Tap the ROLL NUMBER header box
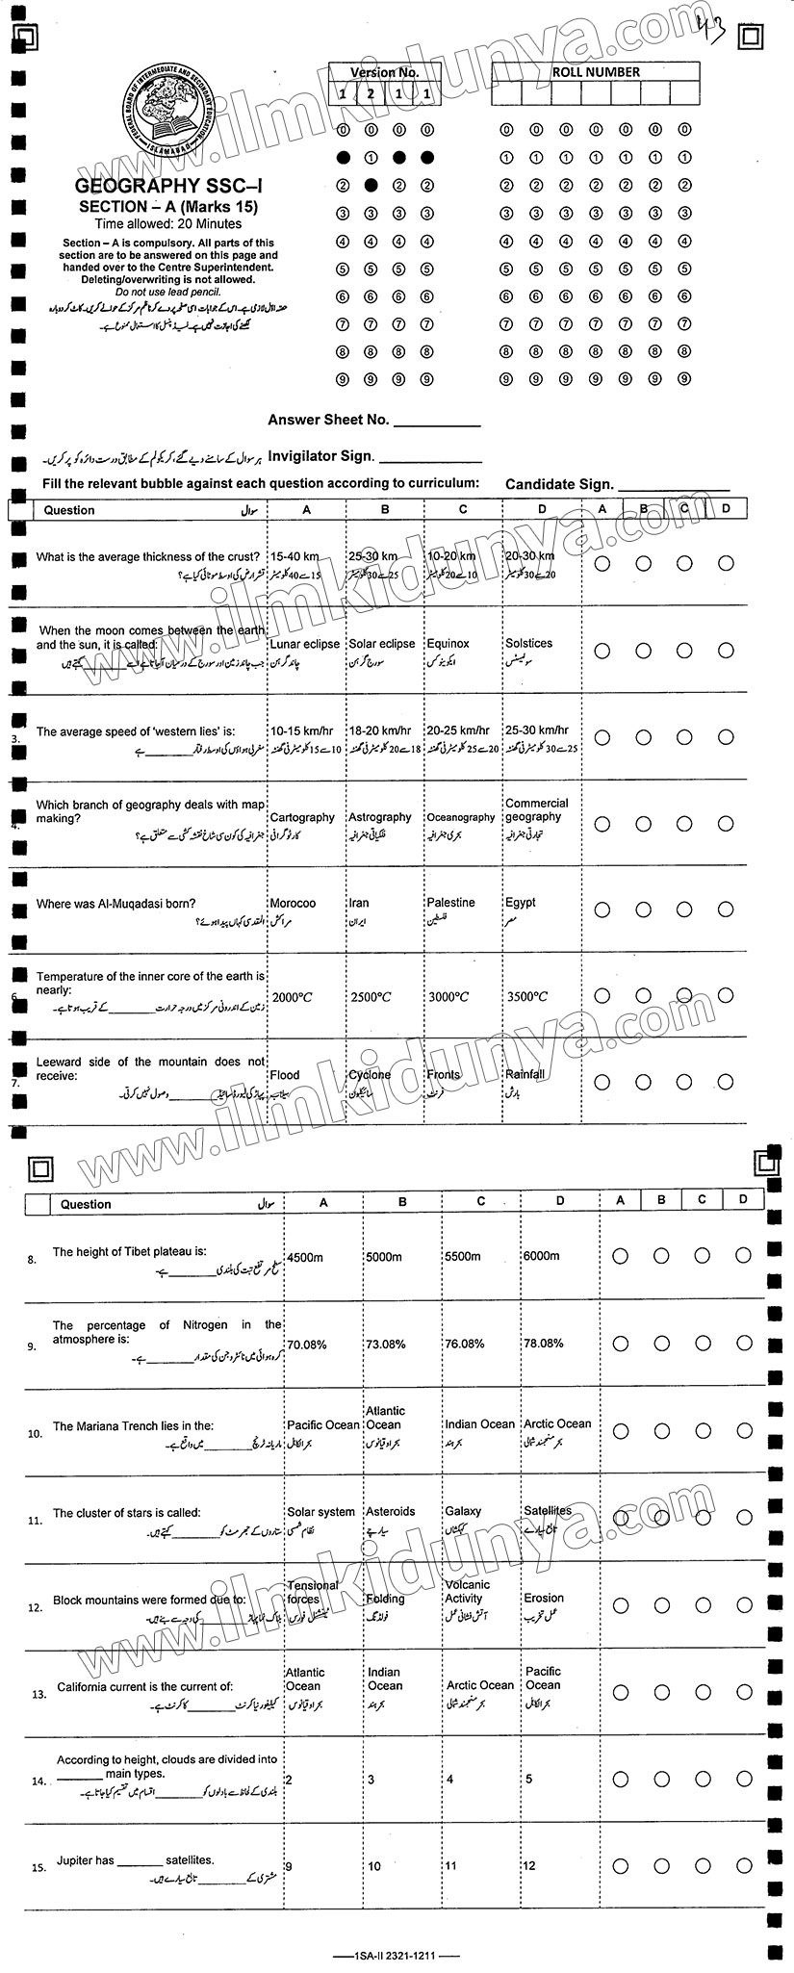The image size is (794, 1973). pyautogui.click(x=596, y=72)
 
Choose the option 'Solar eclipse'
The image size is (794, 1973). pyautogui.click(x=382, y=644)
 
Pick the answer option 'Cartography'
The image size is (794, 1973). pyautogui.click(x=302, y=817)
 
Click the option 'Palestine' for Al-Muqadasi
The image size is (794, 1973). pyautogui.click(x=450, y=904)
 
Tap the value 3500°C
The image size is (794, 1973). pyautogui.click(x=527, y=997)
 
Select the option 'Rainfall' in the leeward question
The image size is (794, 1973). pyautogui.click(x=525, y=1074)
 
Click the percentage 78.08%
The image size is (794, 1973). pyautogui.click(x=543, y=1344)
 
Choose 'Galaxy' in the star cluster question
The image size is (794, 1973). pyautogui.click(x=463, y=1512)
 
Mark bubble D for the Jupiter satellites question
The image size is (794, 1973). pyautogui.click(x=742, y=1865)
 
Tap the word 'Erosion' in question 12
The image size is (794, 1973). pyautogui.click(x=544, y=1599)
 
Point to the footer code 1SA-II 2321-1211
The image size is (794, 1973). pyautogui.click(x=396, y=1955)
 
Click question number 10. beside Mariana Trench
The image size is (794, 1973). pyautogui.click(x=36, y=1433)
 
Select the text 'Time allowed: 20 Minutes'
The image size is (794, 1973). pyautogui.click(x=168, y=223)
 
